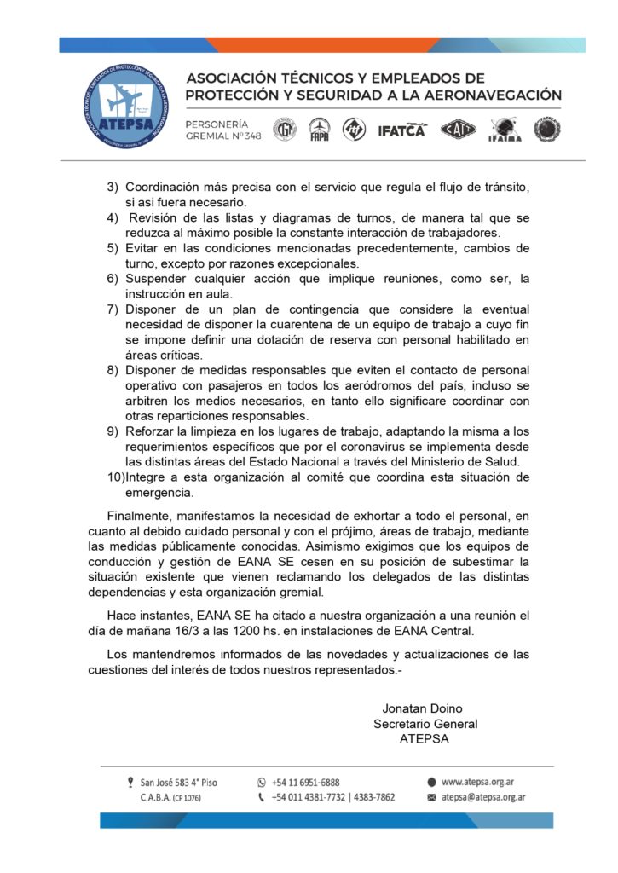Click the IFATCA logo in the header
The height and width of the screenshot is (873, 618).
click(400, 130)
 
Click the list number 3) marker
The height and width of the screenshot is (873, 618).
click(113, 187)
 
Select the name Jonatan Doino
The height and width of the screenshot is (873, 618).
click(422, 708)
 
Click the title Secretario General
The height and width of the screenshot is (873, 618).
click(425, 724)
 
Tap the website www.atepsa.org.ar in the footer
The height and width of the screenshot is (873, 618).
click(482, 781)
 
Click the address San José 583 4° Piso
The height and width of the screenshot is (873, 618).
click(179, 782)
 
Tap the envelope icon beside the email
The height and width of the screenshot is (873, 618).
click(432, 797)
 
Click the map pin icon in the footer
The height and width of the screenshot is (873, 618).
click(130, 781)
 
